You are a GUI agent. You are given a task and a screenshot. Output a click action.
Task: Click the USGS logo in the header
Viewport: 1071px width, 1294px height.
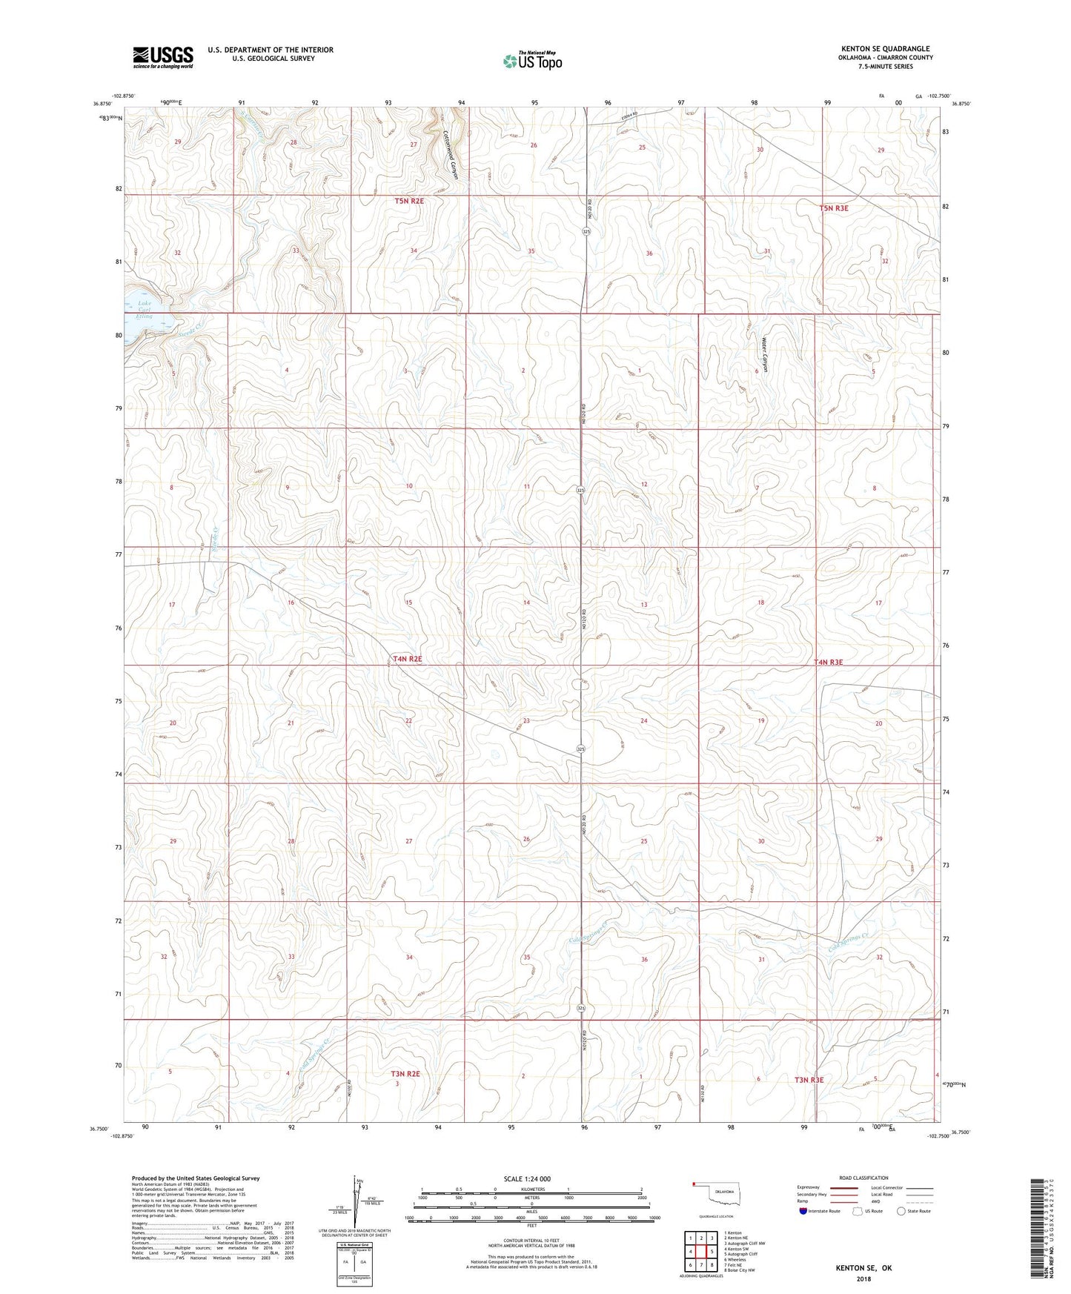click(x=162, y=57)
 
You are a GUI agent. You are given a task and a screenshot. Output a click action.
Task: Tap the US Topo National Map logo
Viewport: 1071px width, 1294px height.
click(x=532, y=61)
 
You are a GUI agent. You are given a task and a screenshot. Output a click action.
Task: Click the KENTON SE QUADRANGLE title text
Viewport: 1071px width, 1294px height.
click(x=885, y=48)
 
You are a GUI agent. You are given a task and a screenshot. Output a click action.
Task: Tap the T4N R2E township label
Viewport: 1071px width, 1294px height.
click(x=408, y=658)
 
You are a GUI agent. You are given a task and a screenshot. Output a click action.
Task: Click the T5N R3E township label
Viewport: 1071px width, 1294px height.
click(x=834, y=208)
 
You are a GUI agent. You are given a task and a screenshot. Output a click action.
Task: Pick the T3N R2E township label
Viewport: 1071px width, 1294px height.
click(x=405, y=1073)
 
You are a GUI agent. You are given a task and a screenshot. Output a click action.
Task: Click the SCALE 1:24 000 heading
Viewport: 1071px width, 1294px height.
click(x=527, y=1178)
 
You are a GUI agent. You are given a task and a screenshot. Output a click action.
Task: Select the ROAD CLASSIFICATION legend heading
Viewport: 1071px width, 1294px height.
click(x=863, y=1178)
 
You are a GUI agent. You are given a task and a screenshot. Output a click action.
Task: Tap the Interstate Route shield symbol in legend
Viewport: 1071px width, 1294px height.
click(x=804, y=1211)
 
